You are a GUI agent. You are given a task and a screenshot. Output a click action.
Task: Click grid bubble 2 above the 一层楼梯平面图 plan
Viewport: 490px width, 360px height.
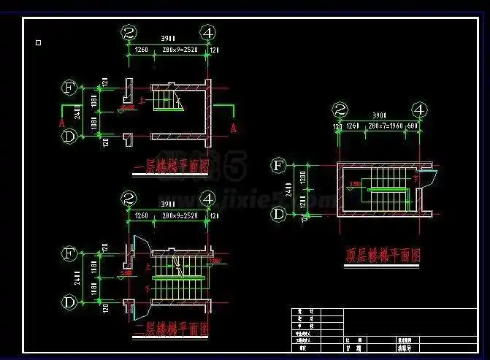click(x=129, y=32)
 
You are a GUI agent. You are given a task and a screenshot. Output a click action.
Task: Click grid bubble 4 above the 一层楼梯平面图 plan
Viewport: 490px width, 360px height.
click(x=209, y=32)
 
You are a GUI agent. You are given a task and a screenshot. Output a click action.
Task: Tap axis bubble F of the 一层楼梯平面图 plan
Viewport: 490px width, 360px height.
click(x=69, y=88)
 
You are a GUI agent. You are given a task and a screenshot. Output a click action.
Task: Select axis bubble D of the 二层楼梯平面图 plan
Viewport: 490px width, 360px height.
click(x=69, y=301)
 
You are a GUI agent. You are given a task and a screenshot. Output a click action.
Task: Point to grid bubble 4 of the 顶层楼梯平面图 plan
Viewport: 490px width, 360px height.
click(x=419, y=110)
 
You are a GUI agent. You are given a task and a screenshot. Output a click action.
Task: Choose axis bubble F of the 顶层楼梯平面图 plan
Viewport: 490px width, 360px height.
click(x=278, y=166)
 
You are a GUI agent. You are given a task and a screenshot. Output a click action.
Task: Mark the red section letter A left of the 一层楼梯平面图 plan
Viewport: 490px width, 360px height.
click(x=62, y=123)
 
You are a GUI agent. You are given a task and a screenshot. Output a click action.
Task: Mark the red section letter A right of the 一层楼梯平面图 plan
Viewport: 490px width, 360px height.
click(x=234, y=127)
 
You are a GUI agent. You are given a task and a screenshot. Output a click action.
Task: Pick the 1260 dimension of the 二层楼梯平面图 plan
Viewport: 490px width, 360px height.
click(x=142, y=216)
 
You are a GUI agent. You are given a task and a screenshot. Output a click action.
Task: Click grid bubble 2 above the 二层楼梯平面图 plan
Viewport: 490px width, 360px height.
click(x=129, y=198)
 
